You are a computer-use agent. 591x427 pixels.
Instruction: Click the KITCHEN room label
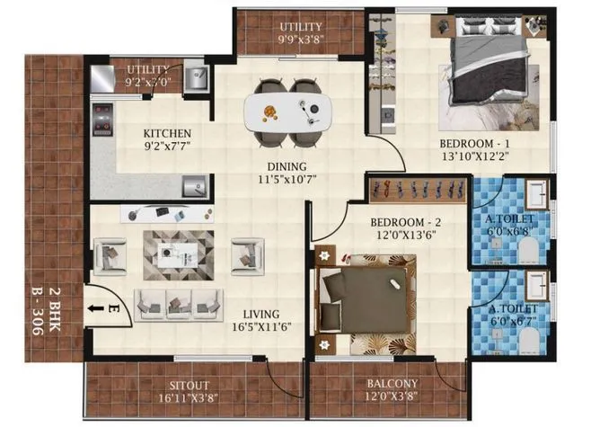click(168, 128)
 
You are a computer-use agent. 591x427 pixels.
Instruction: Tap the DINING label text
click(287, 166)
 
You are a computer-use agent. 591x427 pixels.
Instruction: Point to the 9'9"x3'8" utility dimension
click(301, 40)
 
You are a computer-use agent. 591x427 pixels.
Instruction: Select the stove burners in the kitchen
click(101, 118)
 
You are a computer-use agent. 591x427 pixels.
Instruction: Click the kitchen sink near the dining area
click(193, 186)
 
